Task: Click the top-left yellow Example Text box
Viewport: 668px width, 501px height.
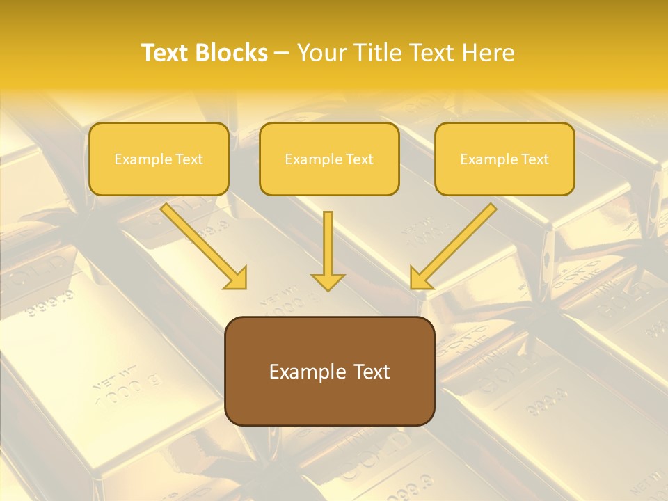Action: [x=159, y=159]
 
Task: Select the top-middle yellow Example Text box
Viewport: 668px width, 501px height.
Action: [x=329, y=159]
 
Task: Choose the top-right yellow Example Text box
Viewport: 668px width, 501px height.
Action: [x=504, y=159]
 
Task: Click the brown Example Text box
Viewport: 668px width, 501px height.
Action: [x=329, y=372]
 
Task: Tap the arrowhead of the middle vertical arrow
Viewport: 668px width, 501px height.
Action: [x=328, y=281]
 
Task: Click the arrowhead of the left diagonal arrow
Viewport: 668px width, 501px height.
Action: [x=237, y=278]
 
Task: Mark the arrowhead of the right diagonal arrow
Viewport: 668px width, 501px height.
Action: [x=420, y=278]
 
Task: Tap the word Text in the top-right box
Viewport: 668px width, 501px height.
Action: [x=534, y=159]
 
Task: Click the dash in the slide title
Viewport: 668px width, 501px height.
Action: [x=282, y=54]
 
